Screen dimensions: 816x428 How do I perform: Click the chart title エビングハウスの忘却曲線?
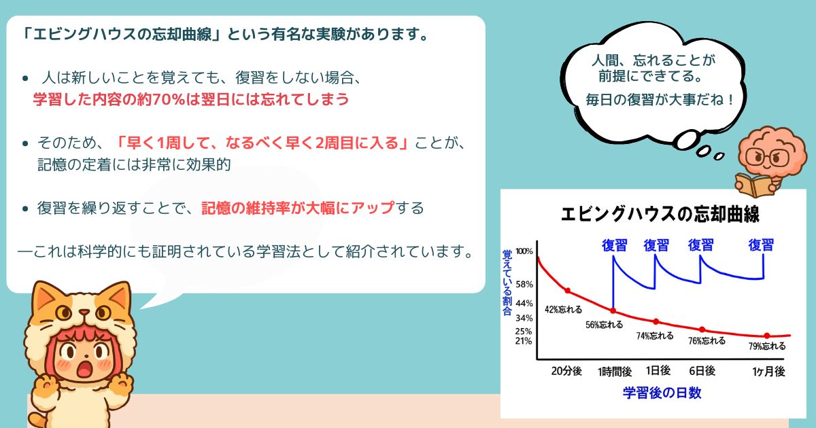(660, 214)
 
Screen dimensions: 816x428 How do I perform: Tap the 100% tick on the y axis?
(524, 251)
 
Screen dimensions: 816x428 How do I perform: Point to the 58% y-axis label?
(524, 284)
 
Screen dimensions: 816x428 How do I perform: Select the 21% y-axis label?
(524, 341)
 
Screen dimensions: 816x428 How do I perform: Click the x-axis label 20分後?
(566, 371)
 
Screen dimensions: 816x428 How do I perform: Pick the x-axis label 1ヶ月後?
(768, 372)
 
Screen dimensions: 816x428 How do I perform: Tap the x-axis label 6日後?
(702, 371)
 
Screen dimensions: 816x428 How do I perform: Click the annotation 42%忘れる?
(563, 310)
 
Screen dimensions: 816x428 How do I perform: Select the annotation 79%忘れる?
(767, 346)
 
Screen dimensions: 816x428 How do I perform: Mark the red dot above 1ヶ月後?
(767, 336)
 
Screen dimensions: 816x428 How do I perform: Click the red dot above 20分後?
(568, 291)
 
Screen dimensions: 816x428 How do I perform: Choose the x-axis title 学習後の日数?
(662, 393)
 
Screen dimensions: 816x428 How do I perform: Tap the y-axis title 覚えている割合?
(507, 283)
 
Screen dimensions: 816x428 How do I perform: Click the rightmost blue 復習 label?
(761, 245)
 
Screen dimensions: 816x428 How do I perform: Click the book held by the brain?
(751, 184)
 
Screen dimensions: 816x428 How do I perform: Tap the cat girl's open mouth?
(84, 369)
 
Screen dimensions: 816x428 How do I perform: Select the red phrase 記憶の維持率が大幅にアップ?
(298, 208)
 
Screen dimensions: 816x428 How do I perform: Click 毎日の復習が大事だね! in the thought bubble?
(660, 100)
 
